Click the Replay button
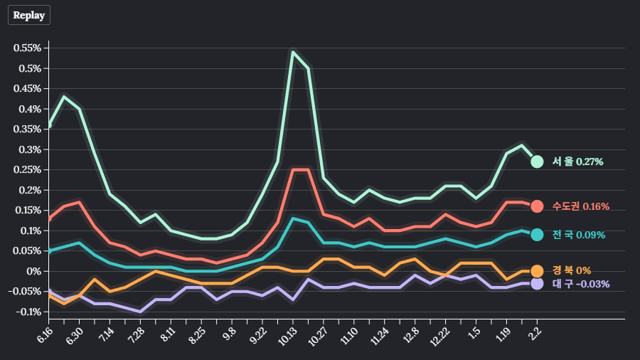(29, 14)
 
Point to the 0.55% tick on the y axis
(26, 48)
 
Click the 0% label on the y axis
(35, 271)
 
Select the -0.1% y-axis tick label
(28, 312)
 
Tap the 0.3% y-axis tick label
(29, 149)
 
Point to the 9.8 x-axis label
(229, 332)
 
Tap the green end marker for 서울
(537, 162)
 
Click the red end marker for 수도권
(537, 206)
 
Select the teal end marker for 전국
(537, 235)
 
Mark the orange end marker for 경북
(537, 271)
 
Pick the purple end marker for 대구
(537, 283)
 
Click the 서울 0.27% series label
(577, 162)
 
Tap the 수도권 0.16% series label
(580, 206)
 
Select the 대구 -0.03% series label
(580, 284)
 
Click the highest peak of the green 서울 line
(293, 51)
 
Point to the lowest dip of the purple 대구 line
(140, 312)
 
